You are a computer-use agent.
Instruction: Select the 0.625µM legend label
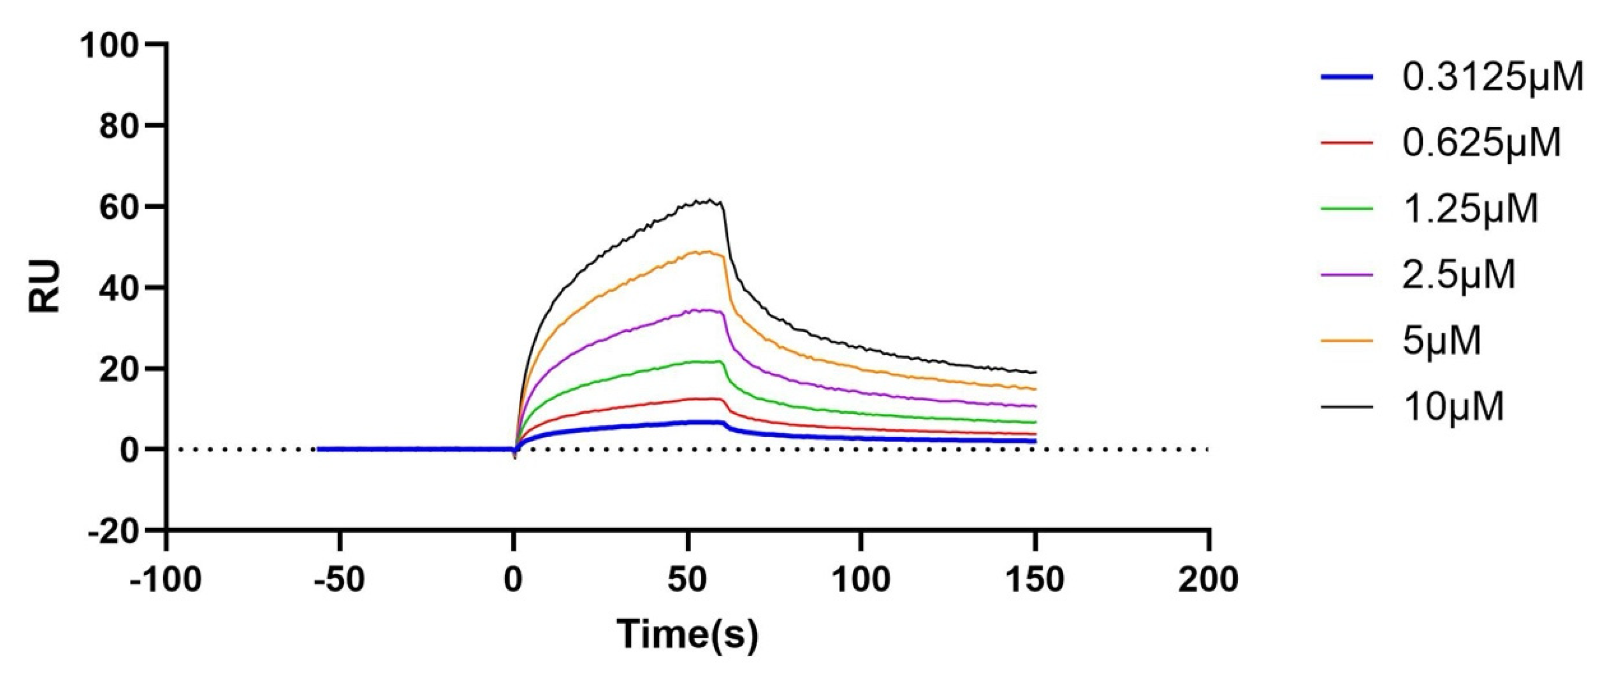click(1481, 143)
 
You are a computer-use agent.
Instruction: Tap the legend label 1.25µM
click(1470, 208)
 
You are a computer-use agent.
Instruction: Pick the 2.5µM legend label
click(1458, 274)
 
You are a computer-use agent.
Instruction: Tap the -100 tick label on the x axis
click(166, 580)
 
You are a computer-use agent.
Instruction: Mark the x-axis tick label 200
click(1208, 580)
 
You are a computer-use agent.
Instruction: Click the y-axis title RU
click(46, 286)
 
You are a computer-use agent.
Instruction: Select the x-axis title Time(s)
click(687, 635)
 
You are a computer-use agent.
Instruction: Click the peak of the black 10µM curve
click(710, 200)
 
